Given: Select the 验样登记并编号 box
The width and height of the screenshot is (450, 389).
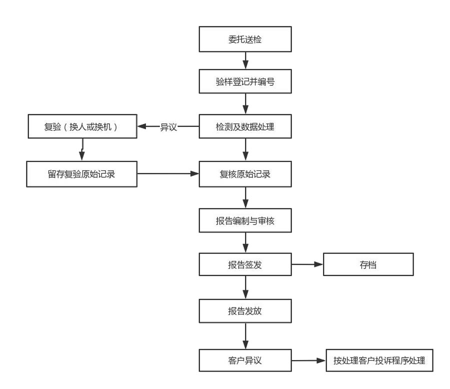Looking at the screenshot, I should (x=245, y=82).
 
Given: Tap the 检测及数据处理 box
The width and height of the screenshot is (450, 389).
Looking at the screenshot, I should (x=245, y=127).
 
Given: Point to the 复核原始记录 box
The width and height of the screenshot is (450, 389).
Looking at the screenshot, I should (x=245, y=174).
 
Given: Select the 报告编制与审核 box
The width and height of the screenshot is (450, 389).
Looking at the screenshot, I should (x=245, y=221).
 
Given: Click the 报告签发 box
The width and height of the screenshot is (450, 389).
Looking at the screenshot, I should (x=245, y=265).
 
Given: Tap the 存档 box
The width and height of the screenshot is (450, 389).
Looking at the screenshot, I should (x=368, y=265).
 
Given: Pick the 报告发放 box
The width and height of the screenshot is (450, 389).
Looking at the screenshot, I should (x=245, y=311).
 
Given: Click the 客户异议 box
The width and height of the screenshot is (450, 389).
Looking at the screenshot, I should (x=245, y=360).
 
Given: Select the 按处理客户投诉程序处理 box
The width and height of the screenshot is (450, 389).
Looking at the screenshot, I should (x=379, y=360).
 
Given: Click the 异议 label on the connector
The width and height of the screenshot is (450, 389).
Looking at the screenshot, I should (x=168, y=127).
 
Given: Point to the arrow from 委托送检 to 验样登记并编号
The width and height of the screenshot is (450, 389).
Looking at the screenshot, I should (x=245, y=61).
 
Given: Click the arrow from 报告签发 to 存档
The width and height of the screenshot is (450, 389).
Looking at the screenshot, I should (x=307, y=265).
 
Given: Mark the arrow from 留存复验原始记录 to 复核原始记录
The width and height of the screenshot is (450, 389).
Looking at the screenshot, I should (x=168, y=174).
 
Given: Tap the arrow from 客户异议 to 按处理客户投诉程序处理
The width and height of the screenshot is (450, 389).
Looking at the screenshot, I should (x=308, y=360).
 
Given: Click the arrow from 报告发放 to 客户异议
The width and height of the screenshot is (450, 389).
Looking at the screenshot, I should (x=245, y=336).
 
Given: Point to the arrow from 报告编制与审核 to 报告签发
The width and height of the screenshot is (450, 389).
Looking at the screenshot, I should (x=245, y=243).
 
